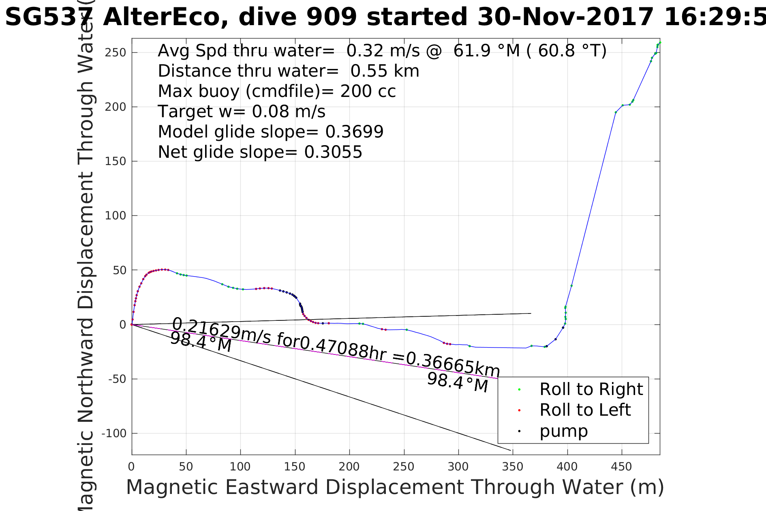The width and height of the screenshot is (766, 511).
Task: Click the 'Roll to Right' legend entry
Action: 591,389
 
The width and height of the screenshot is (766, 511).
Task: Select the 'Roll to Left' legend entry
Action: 585,410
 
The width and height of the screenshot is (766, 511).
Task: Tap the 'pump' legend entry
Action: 563,431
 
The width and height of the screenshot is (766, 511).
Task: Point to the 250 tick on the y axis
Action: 116,53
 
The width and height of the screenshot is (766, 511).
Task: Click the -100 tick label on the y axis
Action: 114,434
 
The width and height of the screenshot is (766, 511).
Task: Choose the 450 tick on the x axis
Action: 621,467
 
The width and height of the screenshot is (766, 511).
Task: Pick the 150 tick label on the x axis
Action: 295,467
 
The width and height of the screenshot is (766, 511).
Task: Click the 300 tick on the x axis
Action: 458,467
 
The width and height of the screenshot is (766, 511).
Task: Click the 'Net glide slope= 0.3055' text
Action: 260,152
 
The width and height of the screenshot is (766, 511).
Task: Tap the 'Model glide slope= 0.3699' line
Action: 270,132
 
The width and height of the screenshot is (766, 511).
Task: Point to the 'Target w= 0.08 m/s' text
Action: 242,112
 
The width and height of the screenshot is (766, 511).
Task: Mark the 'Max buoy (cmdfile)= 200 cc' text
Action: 277,91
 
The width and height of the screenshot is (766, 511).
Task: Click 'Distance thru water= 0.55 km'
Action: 288,71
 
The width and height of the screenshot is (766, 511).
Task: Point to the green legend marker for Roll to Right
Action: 519,390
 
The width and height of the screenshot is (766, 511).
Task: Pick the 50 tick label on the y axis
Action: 120,270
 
